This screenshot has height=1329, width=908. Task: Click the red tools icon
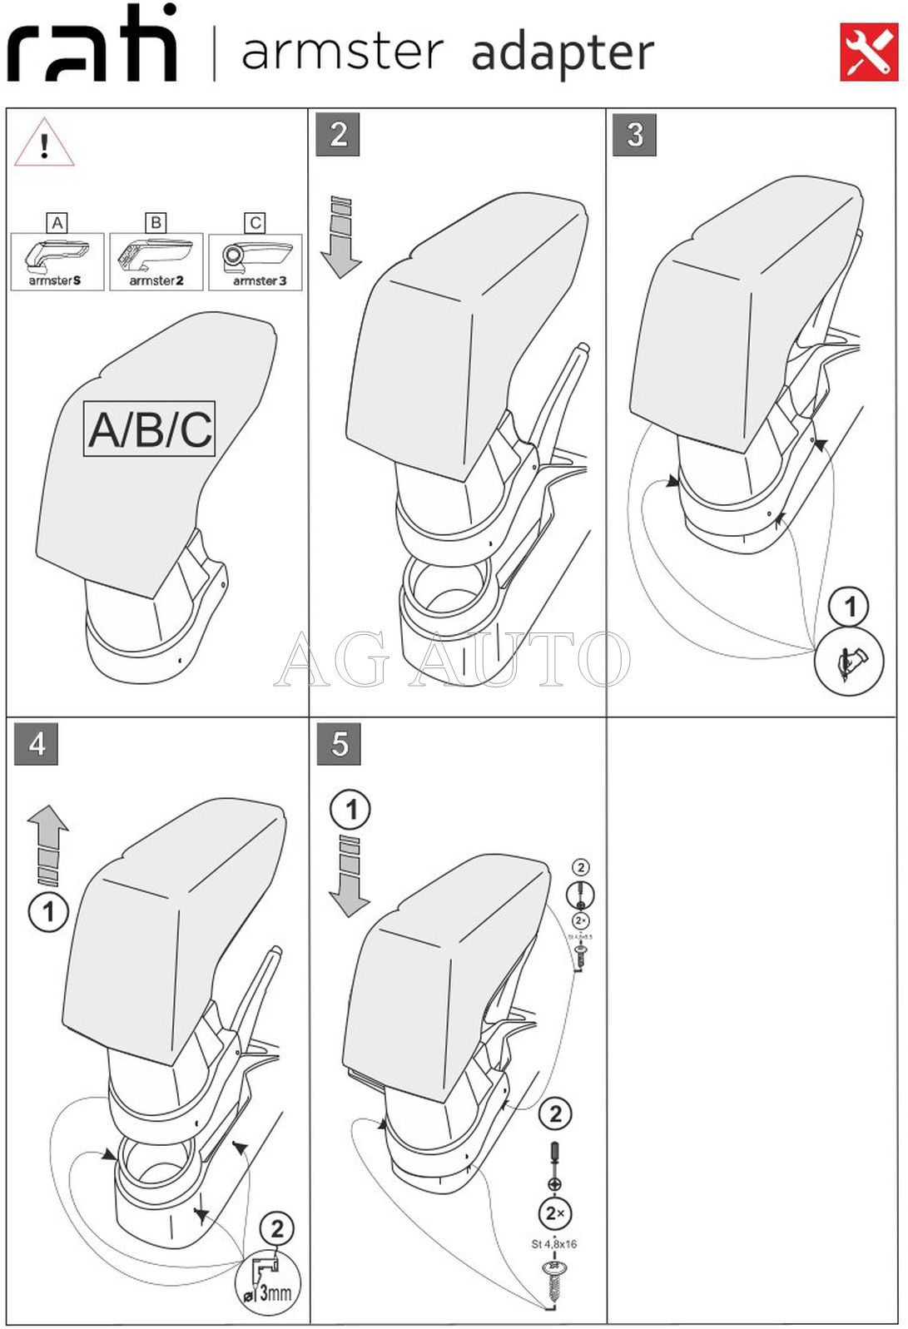click(x=868, y=52)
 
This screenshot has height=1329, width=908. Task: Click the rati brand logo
click(x=92, y=45)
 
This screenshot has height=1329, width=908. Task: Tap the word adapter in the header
click(x=563, y=52)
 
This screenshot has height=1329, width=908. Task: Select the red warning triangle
click(x=44, y=144)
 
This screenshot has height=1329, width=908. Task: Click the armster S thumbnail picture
click(x=57, y=261)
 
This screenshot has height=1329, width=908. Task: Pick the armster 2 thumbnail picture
click(x=156, y=261)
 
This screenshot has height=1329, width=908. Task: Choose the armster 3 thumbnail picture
click(x=256, y=261)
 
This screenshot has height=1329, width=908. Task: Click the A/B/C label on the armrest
click(x=150, y=429)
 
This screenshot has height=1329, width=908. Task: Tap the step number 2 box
click(x=338, y=134)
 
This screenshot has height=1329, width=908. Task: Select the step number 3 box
click(x=635, y=134)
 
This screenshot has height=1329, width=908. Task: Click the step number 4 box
click(x=37, y=743)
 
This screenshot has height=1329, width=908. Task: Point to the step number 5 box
click(x=339, y=743)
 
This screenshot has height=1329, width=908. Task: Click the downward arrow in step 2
click(x=341, y=238)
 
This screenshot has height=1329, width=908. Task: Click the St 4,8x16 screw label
click(x=554, y=1244)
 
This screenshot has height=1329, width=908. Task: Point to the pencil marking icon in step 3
click(x=848, y=662)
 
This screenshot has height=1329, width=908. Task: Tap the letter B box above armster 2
click(x=156, y=222)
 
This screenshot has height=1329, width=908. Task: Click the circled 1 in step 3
click(x=849, y=607)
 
